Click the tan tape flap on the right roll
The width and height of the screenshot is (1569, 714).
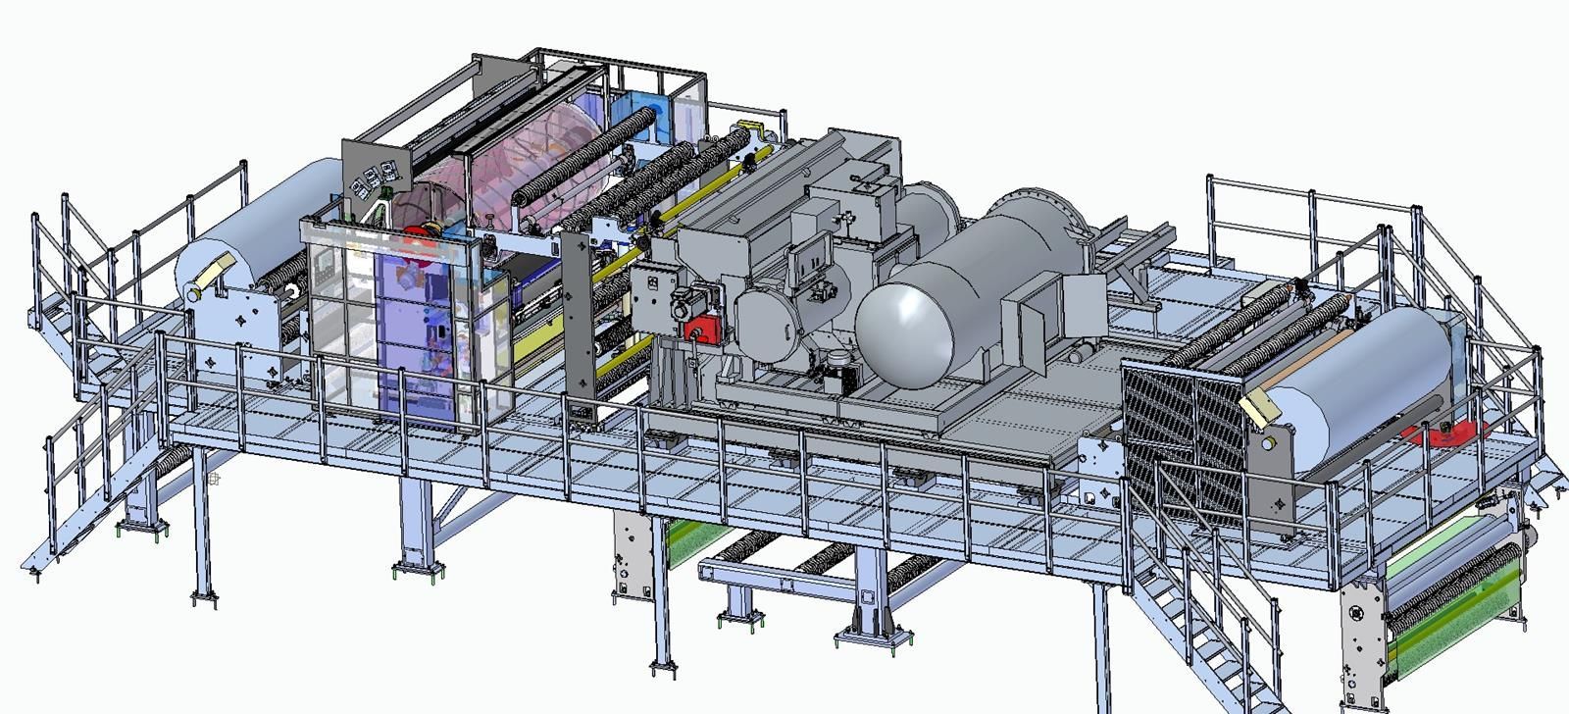pos(1258,401)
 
